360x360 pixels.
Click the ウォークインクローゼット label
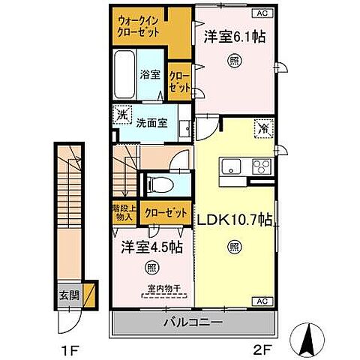point(139,28)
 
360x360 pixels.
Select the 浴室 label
point(150,74)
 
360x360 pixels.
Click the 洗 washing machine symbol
point(121,116)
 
